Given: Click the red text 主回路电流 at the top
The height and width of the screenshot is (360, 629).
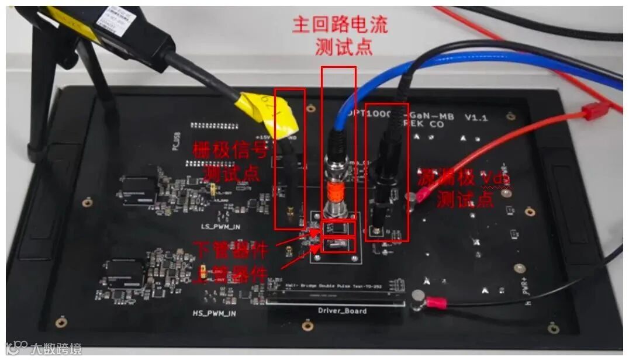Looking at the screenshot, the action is (x=340, y=25).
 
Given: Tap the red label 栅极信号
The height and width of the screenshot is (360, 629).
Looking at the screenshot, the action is (x=231, y=151).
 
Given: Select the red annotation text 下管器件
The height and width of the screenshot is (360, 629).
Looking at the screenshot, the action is (x=231, y=250).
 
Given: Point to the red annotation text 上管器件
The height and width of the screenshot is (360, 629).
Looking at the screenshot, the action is (x=231, y=275).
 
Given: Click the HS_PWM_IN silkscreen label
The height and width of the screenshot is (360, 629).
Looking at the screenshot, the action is (x=215, y=313).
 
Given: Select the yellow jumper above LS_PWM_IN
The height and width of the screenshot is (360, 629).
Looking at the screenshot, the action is (x=214, y=189).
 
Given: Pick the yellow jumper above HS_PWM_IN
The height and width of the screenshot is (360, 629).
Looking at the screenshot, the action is (x=202, y=272).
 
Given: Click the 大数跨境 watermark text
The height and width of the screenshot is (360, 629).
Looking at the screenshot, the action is (x=56, y=349).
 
